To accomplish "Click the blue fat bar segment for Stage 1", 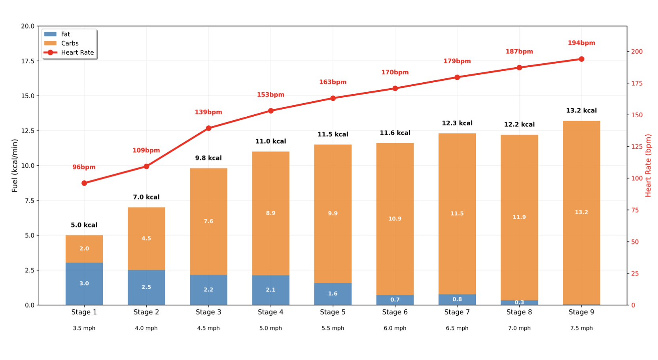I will click(84, 284).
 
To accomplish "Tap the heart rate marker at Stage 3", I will click(208, 128).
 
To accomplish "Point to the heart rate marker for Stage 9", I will click(581, 59).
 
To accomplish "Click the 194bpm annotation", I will click(581, 43).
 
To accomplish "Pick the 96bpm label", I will click(84, 167).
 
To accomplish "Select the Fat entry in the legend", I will click(65, 34).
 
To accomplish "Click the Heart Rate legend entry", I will click(77, 53).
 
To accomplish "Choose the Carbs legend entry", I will click(70, 44).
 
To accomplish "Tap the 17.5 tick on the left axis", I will click(28, 61).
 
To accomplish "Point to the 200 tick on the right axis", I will click(637, 51).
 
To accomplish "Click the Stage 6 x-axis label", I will click(395, 312).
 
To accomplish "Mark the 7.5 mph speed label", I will click(581, 328).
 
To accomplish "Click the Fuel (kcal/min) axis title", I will click(15, 165).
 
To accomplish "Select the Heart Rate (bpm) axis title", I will click(648, 165).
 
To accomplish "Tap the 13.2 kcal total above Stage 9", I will click(581, 111).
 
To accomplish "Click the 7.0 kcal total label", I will click(146, 197).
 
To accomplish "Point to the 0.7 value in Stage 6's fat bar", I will click(395, 300).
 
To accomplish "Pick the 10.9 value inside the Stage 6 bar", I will click(395, 219).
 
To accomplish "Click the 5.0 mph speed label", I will click(270, 328).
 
